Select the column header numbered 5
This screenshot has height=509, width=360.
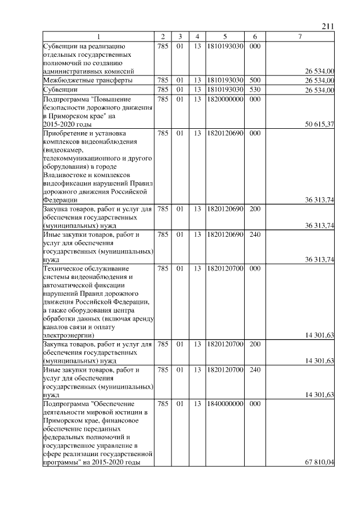click(x=224, y=37)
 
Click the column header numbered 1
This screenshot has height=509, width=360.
click(x=98, y=37)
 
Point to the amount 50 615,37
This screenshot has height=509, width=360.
click(x=319, y=124)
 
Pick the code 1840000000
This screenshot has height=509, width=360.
click(x=224, y=404)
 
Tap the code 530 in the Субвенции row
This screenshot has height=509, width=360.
click(x=254, y=89)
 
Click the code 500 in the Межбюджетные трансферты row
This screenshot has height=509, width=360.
click(x=254, y=80)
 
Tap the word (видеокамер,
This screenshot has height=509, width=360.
click(x=63, y=151)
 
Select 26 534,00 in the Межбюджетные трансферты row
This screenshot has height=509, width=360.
click(x=319, y=80)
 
